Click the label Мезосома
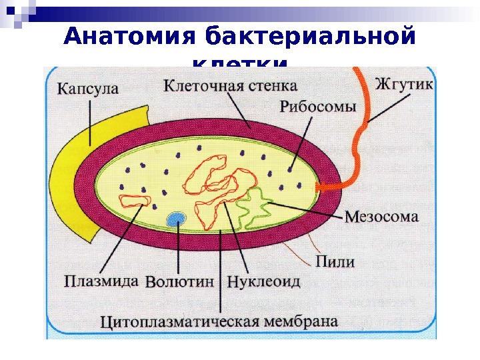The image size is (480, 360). (382, 217)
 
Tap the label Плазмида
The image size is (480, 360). (102, 281)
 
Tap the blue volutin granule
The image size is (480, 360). (177, 219)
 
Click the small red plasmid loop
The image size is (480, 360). (135, 201)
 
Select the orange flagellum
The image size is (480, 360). (361, 133)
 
